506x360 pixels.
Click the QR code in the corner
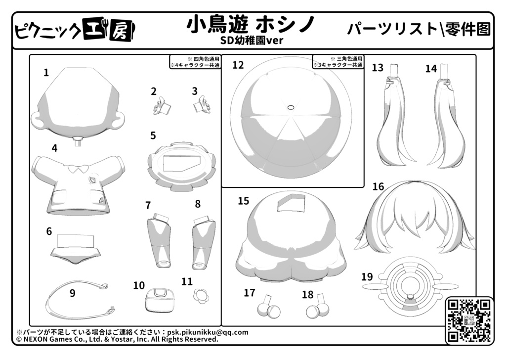469,320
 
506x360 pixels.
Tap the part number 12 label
238,65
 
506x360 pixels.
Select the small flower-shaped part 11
201,295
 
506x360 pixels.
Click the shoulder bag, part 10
160,300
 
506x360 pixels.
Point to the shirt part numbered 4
79,184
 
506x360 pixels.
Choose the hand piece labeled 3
202,104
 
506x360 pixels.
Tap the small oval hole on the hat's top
291,107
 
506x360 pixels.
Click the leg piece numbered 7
160,240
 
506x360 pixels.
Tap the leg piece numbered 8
203,242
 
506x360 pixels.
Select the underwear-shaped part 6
76,250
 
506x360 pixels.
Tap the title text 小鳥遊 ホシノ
251,25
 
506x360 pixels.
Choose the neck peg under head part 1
78,141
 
